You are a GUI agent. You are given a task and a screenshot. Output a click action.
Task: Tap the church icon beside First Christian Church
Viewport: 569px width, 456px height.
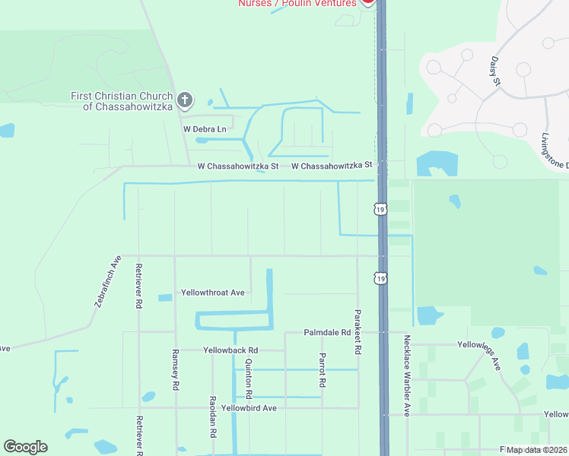coord(184,100)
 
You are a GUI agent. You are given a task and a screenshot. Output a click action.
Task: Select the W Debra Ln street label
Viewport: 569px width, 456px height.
coord(205,129)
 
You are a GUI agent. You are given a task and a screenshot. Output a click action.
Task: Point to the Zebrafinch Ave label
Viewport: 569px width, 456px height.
coord(108,280)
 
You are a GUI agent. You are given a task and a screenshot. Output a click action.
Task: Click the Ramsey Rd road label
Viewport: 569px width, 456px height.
coord(175,370)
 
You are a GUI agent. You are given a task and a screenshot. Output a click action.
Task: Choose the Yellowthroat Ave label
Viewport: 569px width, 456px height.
coord(212,293)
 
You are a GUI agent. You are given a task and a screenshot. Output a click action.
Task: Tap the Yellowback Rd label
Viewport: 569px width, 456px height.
coord(230,350)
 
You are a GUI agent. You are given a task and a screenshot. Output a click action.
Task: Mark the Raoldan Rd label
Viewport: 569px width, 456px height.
coord(213,416)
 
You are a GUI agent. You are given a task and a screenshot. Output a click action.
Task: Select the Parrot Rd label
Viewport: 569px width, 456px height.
coord(322,371)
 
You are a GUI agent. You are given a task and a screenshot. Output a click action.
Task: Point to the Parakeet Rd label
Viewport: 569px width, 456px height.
coord(356,333)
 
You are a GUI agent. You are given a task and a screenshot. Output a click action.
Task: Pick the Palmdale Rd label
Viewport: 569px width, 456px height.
coord(327,333)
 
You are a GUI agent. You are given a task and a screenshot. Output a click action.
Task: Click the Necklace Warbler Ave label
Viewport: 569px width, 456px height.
coord(407,375)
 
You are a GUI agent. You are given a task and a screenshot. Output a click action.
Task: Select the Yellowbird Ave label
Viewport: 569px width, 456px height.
coord(248,408)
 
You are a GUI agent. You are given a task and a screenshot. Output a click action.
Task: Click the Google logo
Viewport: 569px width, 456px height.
coord(25,447)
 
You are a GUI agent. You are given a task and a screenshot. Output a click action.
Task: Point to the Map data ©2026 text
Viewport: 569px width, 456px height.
coord(536,450)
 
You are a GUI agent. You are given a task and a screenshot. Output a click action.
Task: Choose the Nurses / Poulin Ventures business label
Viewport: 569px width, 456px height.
coord(297,3)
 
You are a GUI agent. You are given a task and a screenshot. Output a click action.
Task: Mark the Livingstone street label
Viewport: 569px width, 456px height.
coord(555,152)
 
